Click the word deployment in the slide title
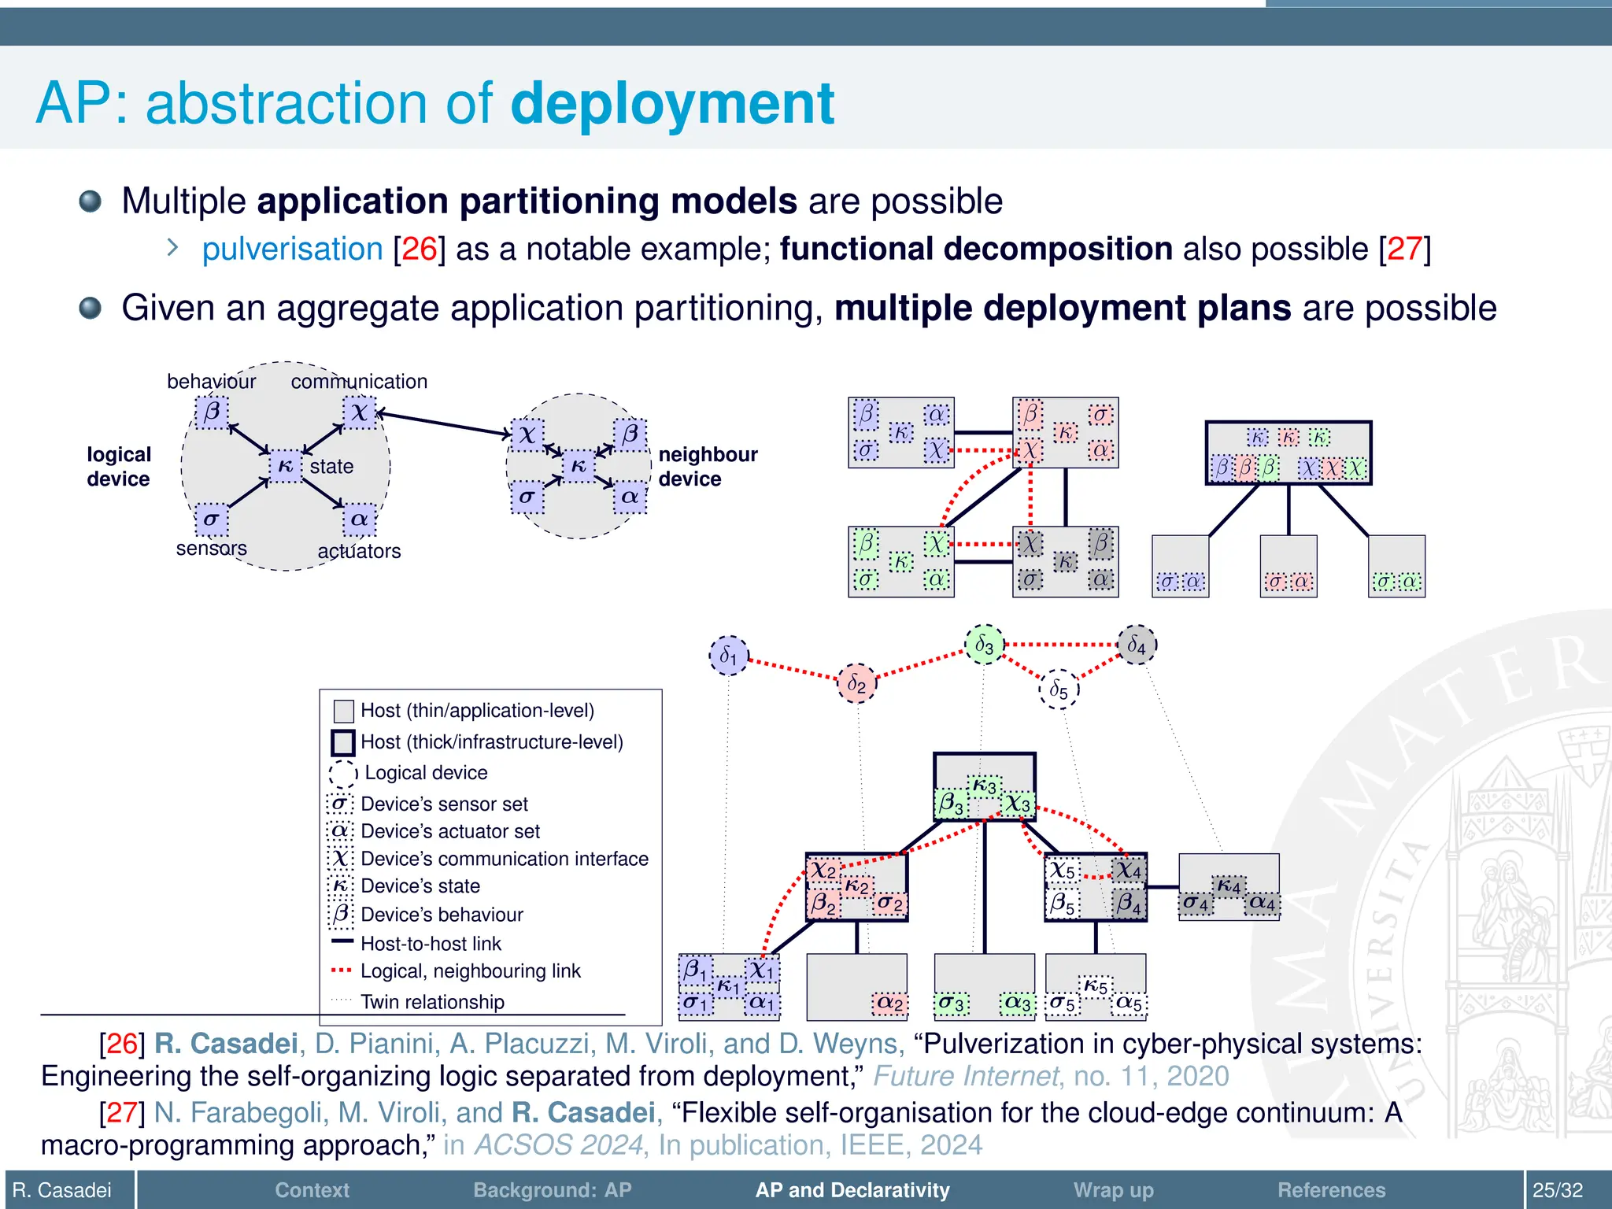[x=672, y=104]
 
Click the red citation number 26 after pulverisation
[x=419, y=250]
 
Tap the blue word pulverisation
[x=292, y=250]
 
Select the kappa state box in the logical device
[x=286, y=466]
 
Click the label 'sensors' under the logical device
[x=211, y=549]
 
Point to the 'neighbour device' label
[x=707, y=467]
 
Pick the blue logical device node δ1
[x=729, y=656]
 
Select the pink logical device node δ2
[x=856, y=683]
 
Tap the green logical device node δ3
[x=984, y=645]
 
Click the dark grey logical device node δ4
[x=1137, y=645]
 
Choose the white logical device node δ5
[x=1059, y=690]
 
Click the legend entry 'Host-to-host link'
[x=430, y=943]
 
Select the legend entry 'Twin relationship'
[x=431, y=1002]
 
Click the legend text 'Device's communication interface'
[x=504, y=859]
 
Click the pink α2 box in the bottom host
[x=889, y=1003]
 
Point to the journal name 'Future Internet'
[x=967, y=1076]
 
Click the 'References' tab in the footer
[x=1331, y=1189]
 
